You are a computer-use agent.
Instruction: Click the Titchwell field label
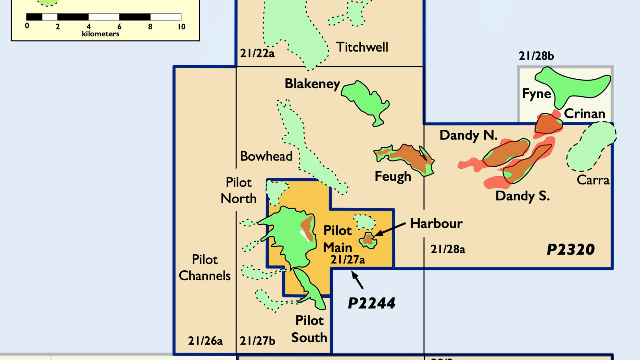(362, 47)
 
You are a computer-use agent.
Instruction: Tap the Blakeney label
(312, 84)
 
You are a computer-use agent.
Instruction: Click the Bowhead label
(266, 156)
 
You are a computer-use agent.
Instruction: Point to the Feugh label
(393, 177)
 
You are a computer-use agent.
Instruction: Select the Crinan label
(585, 114)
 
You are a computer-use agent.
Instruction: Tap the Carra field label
(593, 180)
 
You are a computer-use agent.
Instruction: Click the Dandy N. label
(468, 135)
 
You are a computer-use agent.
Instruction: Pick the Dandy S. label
(523, 196)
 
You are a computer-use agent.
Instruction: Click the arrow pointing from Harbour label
(390, 229)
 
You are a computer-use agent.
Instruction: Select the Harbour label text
(436, 223)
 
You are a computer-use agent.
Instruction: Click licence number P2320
(571, 249)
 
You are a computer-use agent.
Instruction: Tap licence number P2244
(372, 303)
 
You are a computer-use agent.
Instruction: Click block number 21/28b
(536, 56)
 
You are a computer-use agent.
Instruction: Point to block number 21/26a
(205, 341)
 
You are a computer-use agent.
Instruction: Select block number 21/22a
(257, 53)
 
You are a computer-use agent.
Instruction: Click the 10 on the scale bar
(181, 27)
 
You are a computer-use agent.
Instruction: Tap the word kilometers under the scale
(101, 34)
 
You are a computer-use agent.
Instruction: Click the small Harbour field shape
(368, 240)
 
